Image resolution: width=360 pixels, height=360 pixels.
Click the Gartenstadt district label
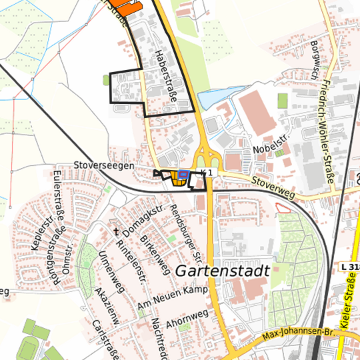coord(223,271)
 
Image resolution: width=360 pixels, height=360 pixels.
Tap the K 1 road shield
coord(209,173)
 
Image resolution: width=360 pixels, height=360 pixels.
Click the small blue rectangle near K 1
coord(183,173)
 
